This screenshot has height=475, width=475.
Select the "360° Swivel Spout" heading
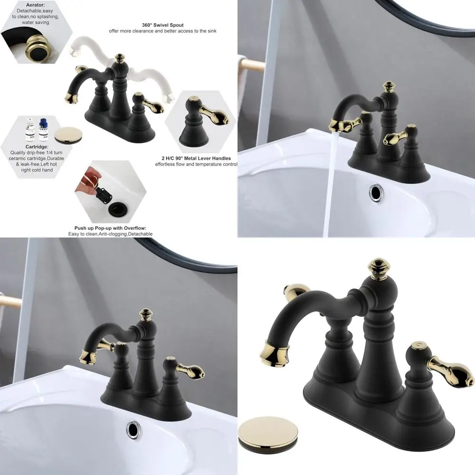[162, 25]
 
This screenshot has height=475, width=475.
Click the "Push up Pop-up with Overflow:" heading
[110, 228]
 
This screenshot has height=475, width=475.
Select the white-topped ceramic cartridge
[30, 130]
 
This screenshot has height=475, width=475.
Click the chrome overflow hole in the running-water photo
[376, 192]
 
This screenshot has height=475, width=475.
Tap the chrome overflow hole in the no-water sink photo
[133, 429]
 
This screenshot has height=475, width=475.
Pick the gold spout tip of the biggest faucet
[275, 355]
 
